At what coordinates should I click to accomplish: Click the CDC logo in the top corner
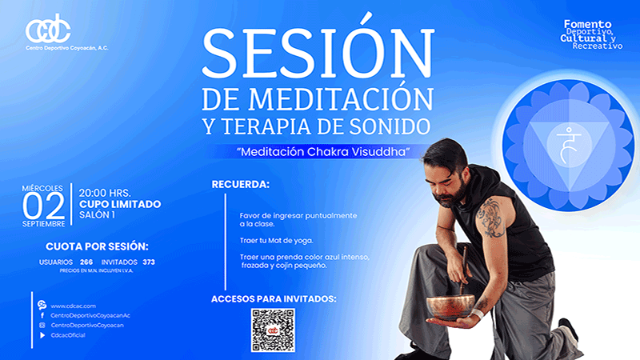(48, 29)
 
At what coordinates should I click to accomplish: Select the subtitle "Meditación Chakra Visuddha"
(323, 152)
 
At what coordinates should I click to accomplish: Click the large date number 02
(43, 206)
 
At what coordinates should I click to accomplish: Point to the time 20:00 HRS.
(105, 193)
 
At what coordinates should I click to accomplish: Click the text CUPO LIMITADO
(120, 204)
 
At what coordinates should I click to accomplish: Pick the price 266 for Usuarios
(86, 262)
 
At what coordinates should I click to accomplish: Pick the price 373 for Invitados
(149, 262)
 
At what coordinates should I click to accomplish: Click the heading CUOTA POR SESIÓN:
(97, 246)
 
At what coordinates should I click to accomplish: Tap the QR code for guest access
(273, 330)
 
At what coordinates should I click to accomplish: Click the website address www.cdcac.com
(73, 306)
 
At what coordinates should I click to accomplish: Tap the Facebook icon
(42, 315)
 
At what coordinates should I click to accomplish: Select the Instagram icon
(42, 326)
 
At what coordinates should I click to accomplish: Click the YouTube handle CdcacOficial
(68, 335)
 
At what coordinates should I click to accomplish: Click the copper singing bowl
(450, 306)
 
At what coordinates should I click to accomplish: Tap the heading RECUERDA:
(241, 185)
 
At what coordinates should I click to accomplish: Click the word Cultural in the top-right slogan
(585, 38)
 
